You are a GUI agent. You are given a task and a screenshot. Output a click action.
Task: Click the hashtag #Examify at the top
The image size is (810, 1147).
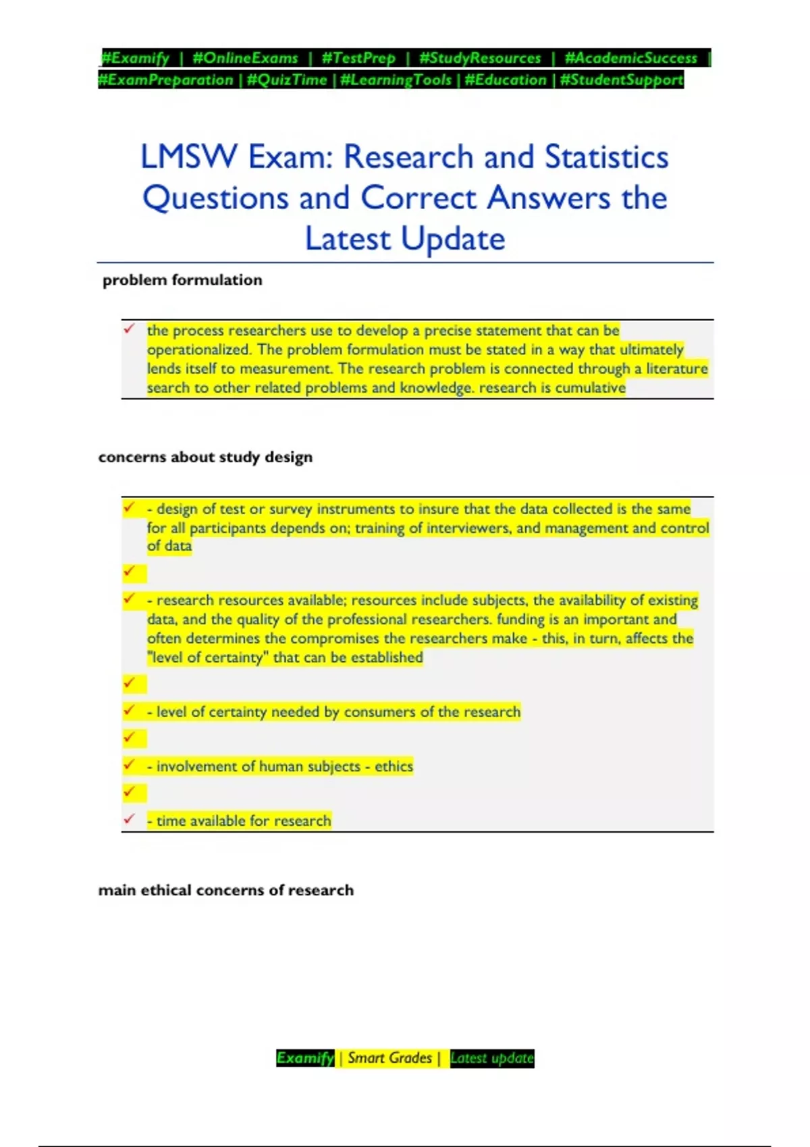(x=135, y=58)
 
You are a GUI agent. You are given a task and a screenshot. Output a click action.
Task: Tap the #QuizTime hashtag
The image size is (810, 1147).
(x=287, y=80)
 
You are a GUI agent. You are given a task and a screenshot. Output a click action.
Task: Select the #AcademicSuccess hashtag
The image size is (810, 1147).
(x=630, y=58)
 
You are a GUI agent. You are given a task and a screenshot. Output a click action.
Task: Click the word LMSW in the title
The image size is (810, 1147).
(x=188, y=157)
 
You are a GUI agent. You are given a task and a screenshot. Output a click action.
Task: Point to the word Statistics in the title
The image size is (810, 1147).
(x=606, y=157)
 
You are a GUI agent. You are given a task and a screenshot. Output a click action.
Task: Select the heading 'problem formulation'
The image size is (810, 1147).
(x=182, y=280)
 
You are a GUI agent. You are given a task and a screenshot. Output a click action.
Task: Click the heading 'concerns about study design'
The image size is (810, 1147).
(x=205, y=457)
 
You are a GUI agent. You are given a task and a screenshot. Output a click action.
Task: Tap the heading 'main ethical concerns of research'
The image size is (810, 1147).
(x=225, y=890)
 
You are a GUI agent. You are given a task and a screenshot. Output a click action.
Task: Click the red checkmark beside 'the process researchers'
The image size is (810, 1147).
(x=129, y=329)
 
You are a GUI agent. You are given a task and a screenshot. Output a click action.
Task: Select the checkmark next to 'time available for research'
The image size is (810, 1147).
(x=129, y=819)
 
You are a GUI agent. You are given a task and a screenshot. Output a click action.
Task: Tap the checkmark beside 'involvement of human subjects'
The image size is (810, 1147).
(x=129, y=764)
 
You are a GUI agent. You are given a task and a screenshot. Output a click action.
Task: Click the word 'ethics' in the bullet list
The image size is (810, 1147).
(x=394, y=766)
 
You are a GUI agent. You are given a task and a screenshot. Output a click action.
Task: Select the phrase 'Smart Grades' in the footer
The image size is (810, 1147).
(x=389, y=1058)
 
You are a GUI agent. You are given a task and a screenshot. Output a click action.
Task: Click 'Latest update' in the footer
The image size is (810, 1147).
(x=491, y=1058)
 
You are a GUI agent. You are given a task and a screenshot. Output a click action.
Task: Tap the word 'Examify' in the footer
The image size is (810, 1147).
(x=305, y=1058)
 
